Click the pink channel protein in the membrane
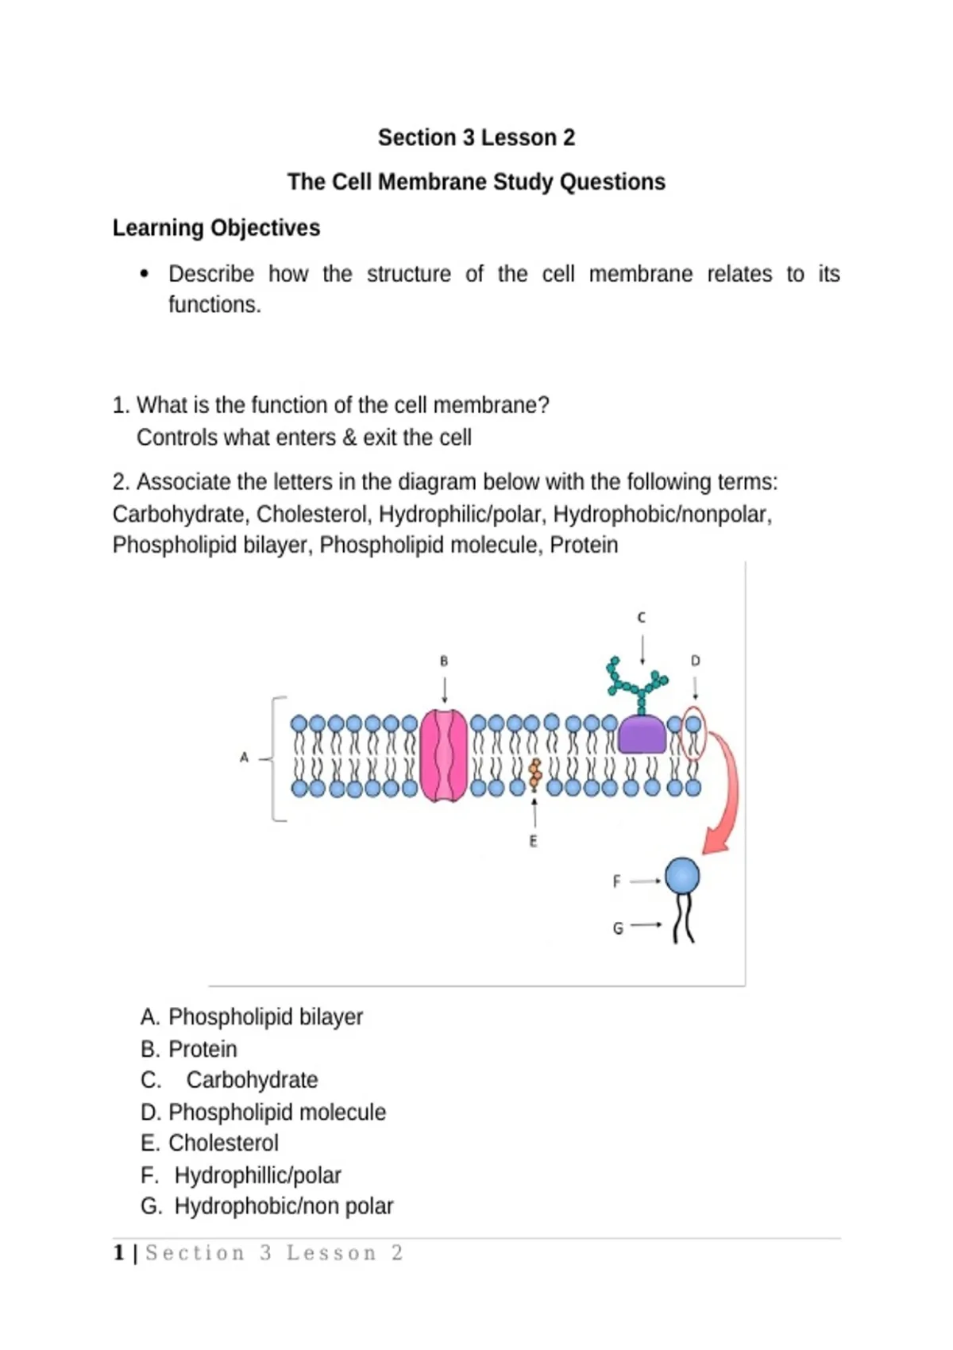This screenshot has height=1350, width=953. tap(443, 756)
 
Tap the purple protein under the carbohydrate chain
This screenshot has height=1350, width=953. tap(642, 734)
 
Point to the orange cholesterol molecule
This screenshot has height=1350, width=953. tap(534, 774)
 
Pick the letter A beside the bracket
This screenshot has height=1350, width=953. tap(244, 758)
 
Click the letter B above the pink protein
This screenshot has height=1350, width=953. tap(444, 661)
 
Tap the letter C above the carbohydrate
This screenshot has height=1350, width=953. tap(642, 618)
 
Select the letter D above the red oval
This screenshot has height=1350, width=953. tap(696, 661)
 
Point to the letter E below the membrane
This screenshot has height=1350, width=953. tap(533, 841)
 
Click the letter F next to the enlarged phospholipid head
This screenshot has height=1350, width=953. tap(616, 881)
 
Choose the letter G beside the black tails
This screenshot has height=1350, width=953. tap(617, 929)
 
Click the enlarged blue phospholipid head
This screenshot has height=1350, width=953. tap(682, 876)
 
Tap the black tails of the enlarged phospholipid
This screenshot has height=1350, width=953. tap(683, 918)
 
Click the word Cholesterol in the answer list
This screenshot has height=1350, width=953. tap(223, 1143)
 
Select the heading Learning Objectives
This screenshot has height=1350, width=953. tap(216, 228)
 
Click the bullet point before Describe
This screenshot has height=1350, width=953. tap(144, 274)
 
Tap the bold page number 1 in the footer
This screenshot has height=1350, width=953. tap(119, 1253)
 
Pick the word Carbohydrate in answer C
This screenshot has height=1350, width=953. tap(252, 1079)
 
